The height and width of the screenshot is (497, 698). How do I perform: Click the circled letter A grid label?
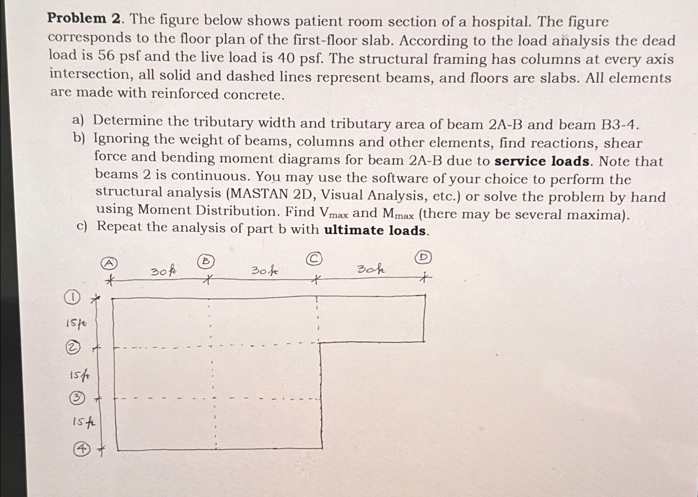click(x=109, y=263)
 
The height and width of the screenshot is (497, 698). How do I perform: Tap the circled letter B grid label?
click(x=207, y=261)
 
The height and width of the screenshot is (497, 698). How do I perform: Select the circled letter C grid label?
click(x=314, y=259)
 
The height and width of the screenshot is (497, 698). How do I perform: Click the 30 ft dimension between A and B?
click(x=163, y=272)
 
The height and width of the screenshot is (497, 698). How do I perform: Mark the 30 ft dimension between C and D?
click(x=371, y=269)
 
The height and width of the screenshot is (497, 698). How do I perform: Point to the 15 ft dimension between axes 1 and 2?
click(x=76, y=323)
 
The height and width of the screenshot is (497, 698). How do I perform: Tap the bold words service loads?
click(x=542, y=161)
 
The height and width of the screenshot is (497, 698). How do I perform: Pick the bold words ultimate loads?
click(x=375, y=230)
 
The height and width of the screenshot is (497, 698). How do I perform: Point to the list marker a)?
click(x=78, y=121)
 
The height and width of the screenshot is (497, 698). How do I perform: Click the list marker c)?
click(x=82, y=226)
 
